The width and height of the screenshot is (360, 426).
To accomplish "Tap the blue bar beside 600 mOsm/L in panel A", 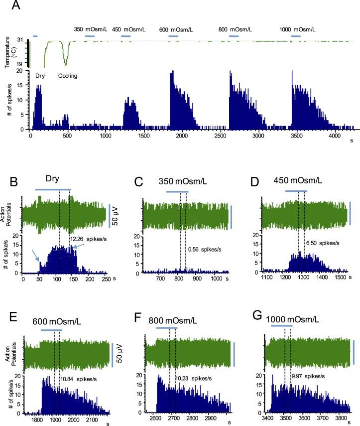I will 173,36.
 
